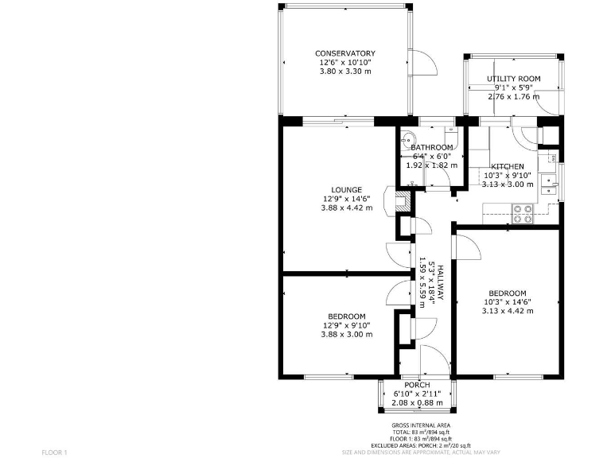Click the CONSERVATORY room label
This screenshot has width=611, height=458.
click(344, 53)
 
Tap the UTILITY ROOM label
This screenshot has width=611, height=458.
click(514, 78)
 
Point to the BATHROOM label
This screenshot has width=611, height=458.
click(431, 148)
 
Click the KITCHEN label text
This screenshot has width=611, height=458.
click(507, 165)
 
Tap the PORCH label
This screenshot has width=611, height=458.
click(417, 385)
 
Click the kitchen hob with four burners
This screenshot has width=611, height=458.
click(523, 212)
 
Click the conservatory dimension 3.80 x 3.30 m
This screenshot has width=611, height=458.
click(344, 71)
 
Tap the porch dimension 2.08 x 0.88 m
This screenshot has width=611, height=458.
click(418, 402)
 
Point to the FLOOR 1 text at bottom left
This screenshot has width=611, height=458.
click(55, 452)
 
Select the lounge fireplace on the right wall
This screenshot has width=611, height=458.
click(388, 202)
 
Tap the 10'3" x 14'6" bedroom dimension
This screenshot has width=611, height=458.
click(507, 301)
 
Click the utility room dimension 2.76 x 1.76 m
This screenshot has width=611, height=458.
click(513, 96)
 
